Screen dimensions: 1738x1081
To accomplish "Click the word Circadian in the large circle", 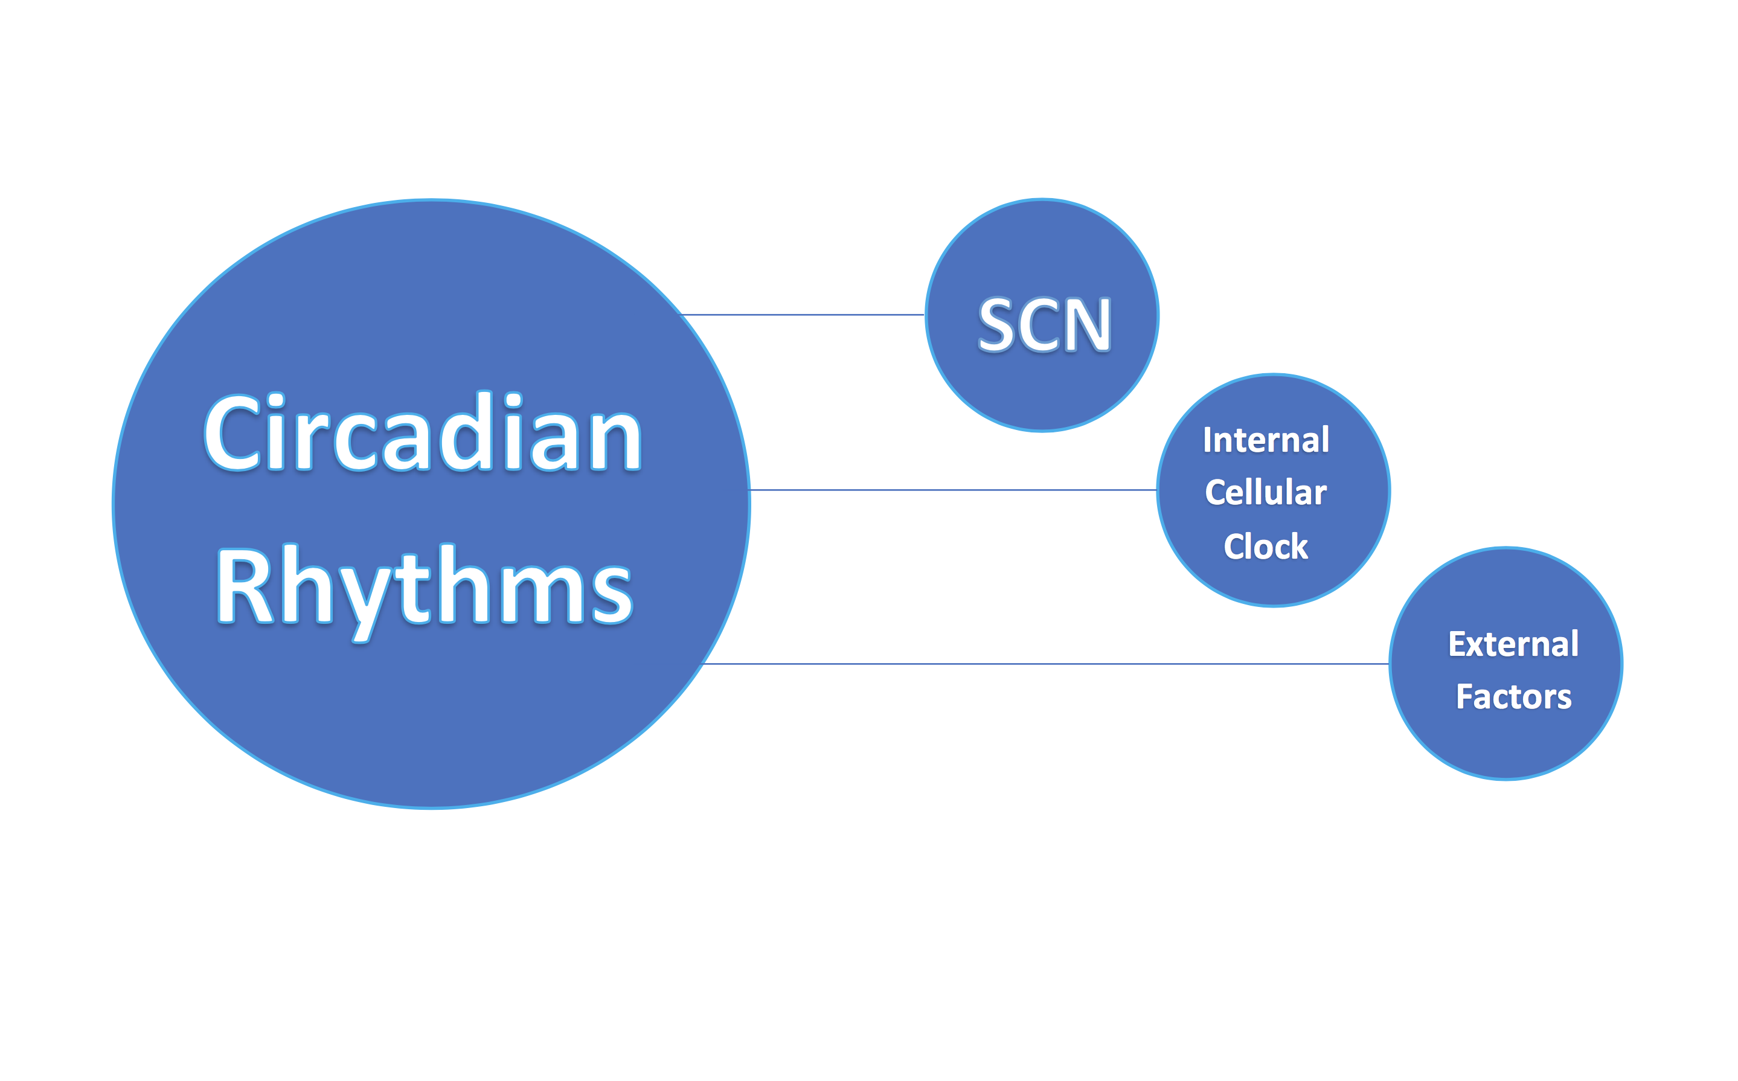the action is click(x=423, y=432).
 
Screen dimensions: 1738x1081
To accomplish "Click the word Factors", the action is click(x=1513, y=696).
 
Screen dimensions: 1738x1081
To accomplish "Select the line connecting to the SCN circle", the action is click(x=801, y=315).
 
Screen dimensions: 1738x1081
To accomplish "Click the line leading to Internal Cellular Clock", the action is click(x=953, y=490).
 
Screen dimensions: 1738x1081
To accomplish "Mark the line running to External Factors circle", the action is click(x=1046, y=664).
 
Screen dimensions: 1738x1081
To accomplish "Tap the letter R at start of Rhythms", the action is click(x=245, y=586).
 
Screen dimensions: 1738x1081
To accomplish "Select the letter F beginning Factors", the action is click(x=1465, y=697).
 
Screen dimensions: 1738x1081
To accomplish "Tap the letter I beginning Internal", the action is click(x=1208, y=440).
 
